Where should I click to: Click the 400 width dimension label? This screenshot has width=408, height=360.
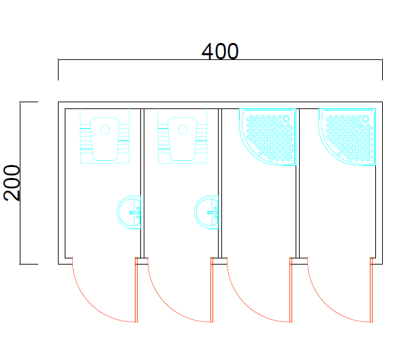point(220,51)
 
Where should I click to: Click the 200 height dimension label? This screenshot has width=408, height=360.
point(12,183)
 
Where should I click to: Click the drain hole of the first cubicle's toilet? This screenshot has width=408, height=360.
point(105,130)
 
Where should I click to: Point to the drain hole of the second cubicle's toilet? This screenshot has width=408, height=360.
point(183,130)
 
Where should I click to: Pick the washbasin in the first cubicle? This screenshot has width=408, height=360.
point(129,212)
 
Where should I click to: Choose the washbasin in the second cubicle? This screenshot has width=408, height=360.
point(206,212)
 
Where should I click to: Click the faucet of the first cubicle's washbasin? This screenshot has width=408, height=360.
point(135,213)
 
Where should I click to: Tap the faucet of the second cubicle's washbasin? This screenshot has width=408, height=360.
point(213,213)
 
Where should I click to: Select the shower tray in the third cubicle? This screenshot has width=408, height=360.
point(268,137)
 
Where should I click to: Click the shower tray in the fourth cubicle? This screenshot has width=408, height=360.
point(347,137)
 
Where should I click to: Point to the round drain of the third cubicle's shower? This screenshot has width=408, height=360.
point(286,119)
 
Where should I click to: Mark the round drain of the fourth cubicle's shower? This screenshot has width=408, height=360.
point(366,119)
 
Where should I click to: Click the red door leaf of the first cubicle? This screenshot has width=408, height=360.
point(136,290)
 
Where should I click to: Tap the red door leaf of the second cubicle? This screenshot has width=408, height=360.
point(212,290)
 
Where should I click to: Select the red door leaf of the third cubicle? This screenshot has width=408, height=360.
point(291,290)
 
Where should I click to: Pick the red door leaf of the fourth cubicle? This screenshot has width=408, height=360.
point(371,290)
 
